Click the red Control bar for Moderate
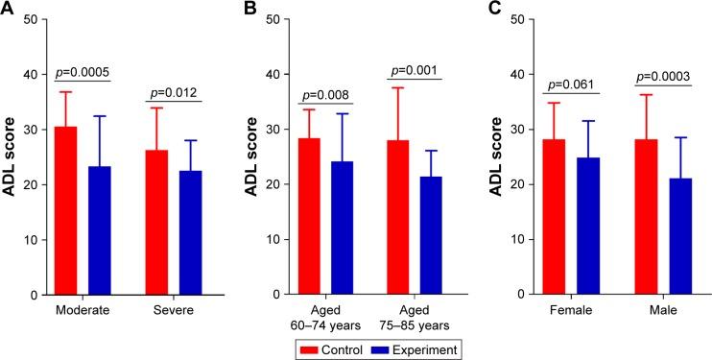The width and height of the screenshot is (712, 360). pyautogui.click(x=65, y=210)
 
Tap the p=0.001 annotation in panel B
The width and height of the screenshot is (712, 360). pyautogui.click(x=415, y=69)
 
